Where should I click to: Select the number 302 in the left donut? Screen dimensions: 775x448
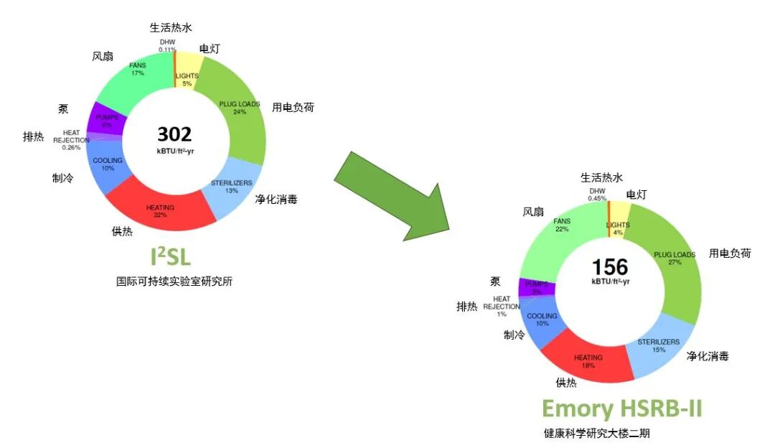click(x=174, y=134)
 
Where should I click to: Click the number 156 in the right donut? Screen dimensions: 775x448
click(x=609, y=266)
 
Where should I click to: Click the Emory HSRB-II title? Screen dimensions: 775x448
click(x=621, y=409)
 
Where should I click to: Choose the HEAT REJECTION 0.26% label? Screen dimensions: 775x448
click(x=72, y=140)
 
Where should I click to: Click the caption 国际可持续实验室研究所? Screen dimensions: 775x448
click(x=174, y=281)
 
